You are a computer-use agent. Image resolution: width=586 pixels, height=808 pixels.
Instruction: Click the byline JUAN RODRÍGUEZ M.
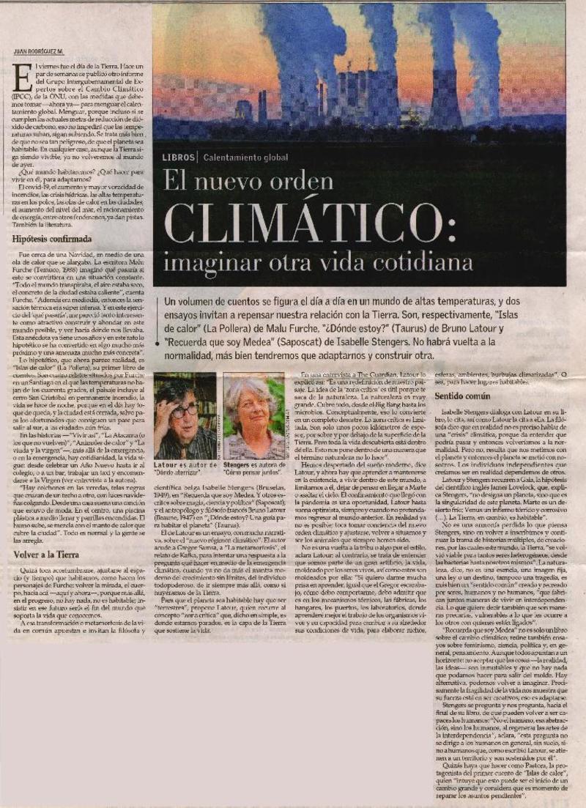38,51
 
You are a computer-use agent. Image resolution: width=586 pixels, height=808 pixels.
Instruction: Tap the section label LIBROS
177,157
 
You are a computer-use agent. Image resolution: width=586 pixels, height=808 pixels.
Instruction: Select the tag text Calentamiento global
246,157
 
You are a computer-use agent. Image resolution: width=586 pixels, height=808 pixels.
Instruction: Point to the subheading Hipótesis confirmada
53,239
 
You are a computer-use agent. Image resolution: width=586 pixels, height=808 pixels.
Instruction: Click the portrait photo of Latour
185,415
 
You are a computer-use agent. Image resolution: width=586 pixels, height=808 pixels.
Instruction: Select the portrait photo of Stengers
253,415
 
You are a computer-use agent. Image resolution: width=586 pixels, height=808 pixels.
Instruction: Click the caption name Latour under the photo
168,464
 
